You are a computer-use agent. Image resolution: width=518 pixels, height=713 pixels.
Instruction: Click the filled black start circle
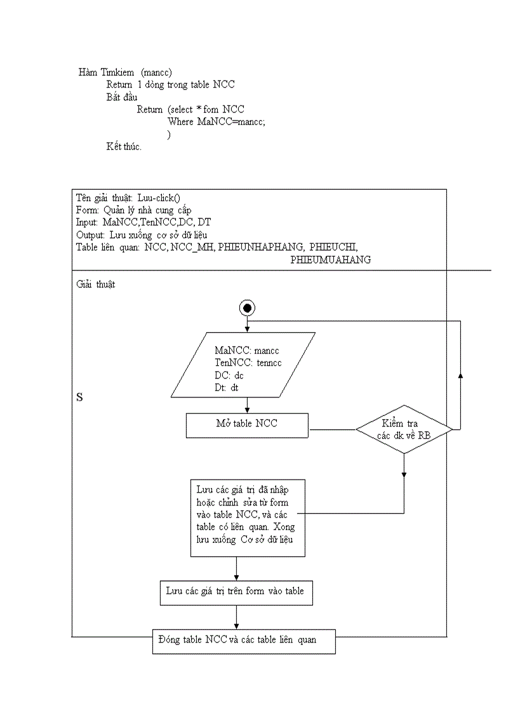[x=247, y=308]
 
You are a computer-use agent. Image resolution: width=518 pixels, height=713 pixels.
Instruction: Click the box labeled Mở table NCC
[x=247, y=425]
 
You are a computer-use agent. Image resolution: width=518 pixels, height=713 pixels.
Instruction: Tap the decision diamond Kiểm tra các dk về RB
[x=404, y=429]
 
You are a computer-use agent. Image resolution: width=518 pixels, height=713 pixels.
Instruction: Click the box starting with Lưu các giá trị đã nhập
[x=248, y=517]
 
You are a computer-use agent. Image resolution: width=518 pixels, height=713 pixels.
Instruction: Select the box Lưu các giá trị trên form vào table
[x=236, y=592]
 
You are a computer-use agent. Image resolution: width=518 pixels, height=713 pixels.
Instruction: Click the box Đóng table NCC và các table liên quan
[x=244, y=641]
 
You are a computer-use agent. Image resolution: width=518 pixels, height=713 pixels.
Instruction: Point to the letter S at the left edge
[x=79, y=397]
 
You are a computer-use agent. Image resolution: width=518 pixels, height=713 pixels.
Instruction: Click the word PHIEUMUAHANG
[x=330, y=260]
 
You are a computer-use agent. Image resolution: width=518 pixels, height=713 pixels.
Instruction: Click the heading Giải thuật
[x=96, y=284]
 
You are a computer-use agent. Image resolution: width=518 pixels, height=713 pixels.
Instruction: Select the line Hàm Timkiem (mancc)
[x=125, y=72]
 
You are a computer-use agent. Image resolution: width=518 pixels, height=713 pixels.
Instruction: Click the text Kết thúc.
[x=124, y=147]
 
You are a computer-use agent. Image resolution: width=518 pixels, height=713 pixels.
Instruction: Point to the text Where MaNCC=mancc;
[x=216, y=122]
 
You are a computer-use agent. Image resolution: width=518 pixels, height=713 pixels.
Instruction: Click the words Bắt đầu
[x=122, y=97]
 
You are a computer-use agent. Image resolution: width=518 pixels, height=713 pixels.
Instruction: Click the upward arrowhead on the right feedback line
[x=460, y=375]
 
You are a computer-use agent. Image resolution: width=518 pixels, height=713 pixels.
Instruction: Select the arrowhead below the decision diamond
[x=404, y=474]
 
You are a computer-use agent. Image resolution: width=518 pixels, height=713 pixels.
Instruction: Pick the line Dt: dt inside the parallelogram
[x=227, y=387]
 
